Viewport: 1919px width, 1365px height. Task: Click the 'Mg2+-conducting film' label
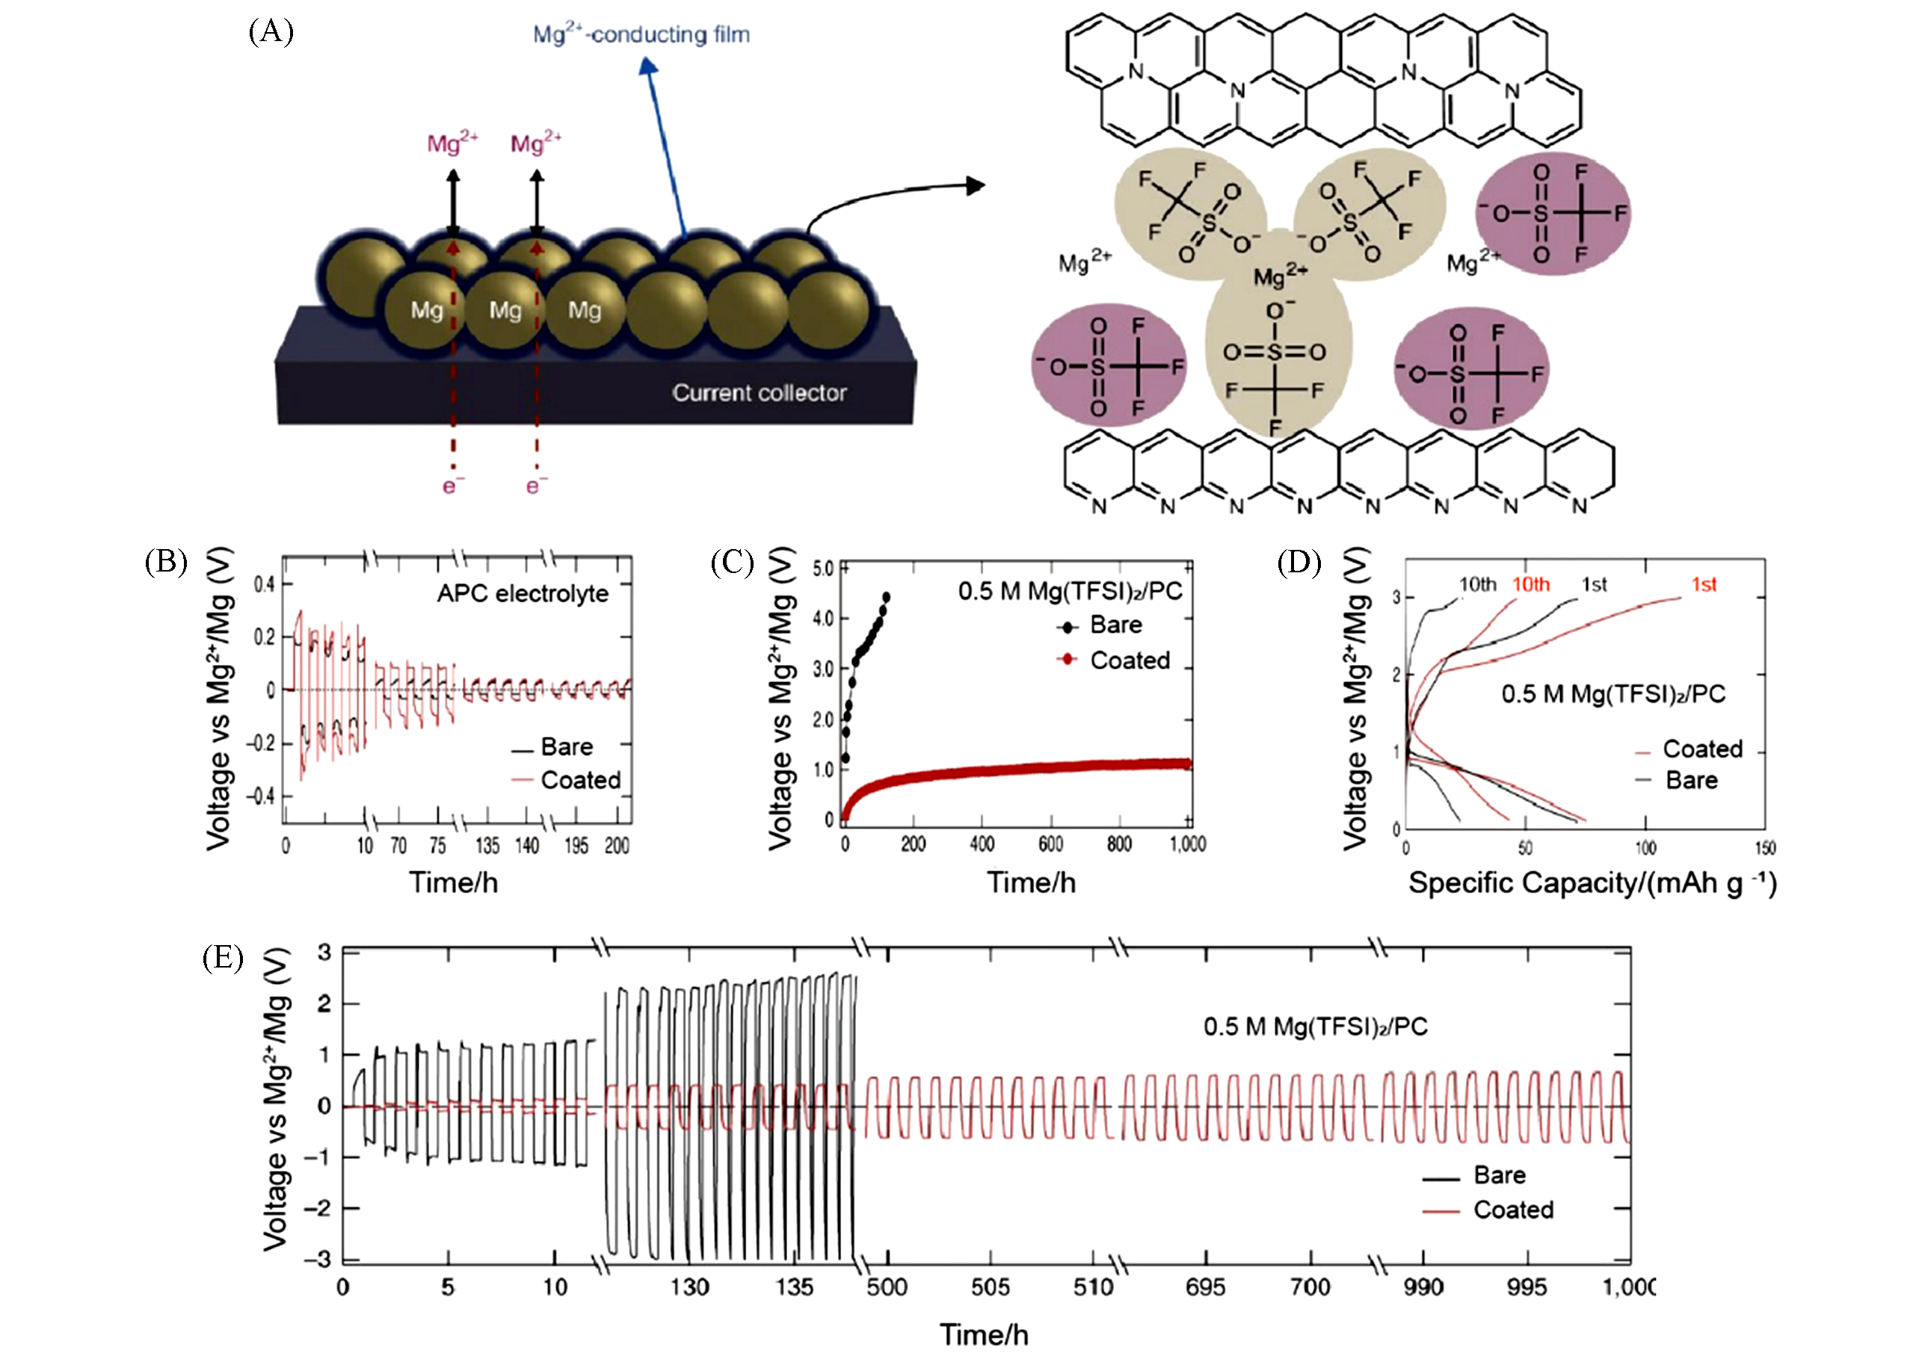point(641,34)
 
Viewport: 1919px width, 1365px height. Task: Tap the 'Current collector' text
point(759,392)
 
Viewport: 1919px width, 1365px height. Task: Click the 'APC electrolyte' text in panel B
point(523,593)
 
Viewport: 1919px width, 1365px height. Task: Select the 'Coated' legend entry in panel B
point(580,780)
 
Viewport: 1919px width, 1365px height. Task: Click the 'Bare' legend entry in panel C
point(1115,625)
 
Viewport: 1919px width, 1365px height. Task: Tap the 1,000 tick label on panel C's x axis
point(1186,844)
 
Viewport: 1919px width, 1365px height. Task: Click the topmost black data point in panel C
point(886,597)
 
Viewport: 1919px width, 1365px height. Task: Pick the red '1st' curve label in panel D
point(1703,584)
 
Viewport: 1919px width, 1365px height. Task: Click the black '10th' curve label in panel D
point(1476,584)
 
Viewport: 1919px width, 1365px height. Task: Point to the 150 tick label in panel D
point(1764,847)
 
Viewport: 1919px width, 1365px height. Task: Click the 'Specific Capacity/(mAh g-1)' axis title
point(1592,883)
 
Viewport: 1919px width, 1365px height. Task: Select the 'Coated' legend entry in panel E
point(1513,1210)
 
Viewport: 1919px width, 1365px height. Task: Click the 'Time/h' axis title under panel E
point(983,1334)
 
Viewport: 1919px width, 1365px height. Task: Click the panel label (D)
point(1299,562)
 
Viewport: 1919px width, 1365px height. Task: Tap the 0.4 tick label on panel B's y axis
point(264,584)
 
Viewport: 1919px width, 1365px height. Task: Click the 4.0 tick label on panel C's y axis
point(822,619)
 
